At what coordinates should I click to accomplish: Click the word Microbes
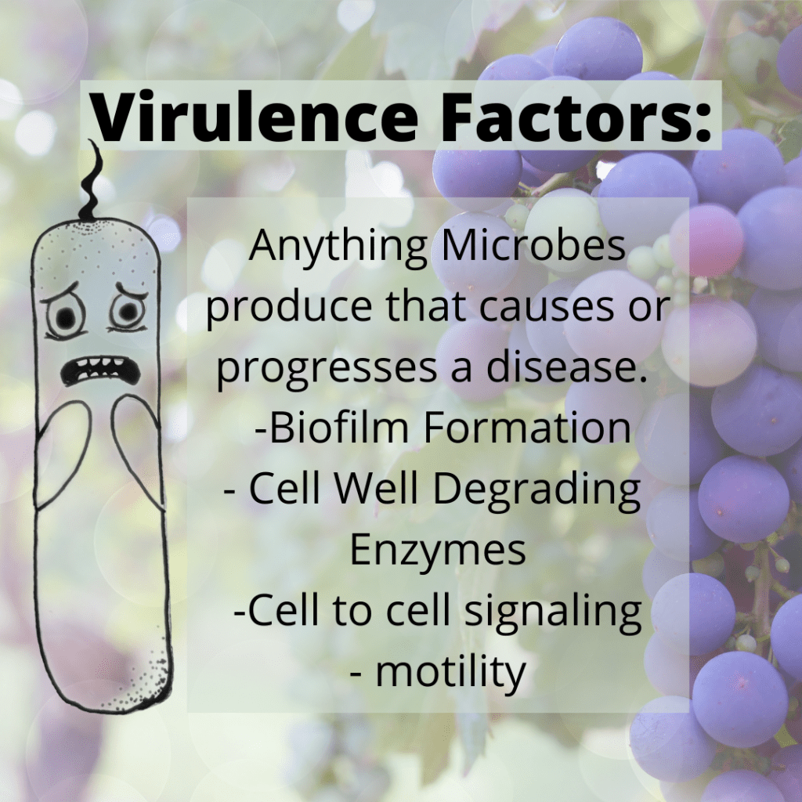pos(533,245)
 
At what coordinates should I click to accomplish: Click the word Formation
pos(527,428)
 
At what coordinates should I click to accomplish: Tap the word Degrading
pos(536,490)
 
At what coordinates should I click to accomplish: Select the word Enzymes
pos(438,551)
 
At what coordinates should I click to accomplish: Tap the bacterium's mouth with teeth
pos(101,370)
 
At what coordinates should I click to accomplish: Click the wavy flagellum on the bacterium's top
pos(92,180)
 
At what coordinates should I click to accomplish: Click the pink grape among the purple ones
pos(706,240)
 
